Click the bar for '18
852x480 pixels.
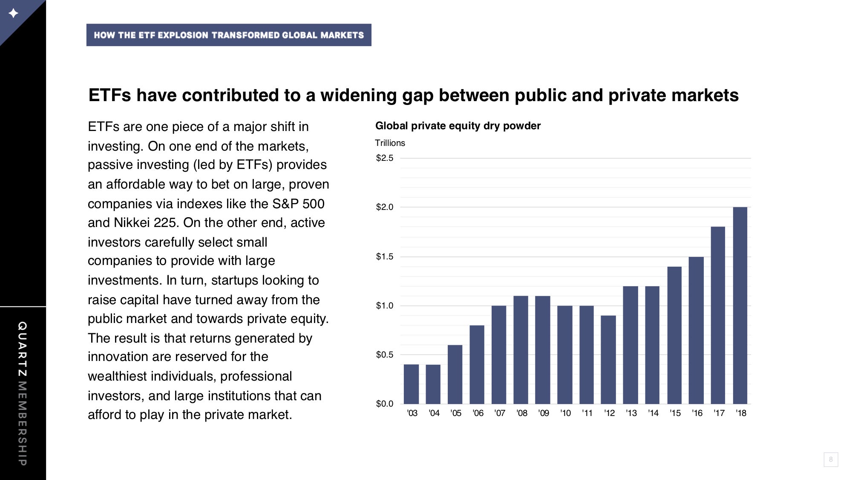(x=740, y=305)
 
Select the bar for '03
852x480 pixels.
(x=411, y=384)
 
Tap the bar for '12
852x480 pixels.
(x=608, y=360)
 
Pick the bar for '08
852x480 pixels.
(x=521, y=350)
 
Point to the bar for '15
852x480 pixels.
(x=674, y=335)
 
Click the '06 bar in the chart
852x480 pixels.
(x=477, y=365)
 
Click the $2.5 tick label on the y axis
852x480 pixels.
(x=385, y=158)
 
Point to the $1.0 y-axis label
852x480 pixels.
(x=385, y=305)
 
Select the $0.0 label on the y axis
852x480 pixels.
(x=385, y=404)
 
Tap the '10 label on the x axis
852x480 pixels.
(x=565, y=413)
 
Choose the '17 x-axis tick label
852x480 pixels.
(x=719, y=413)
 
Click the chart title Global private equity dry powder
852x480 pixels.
(x=458, y=126)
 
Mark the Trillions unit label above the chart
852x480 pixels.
(x=390, y=143)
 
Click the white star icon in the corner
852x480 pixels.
(x=14, y=13)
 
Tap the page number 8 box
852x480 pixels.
(x=831, y=460)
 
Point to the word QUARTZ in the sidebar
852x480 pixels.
(x=23, y=349)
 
